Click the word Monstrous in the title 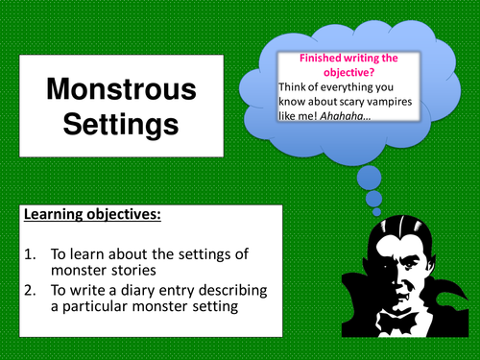121,92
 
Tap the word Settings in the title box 121,126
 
